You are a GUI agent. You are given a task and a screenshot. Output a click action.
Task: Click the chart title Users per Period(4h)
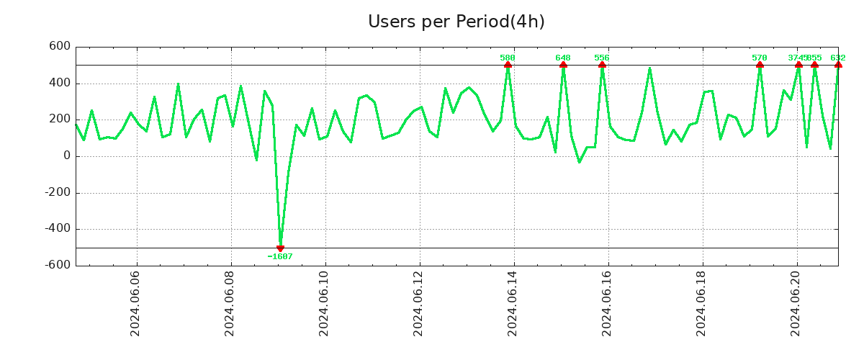pos(456,22)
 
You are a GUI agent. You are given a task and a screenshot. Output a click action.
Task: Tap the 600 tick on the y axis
pos(60,47)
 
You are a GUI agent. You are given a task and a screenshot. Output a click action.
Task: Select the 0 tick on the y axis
pos(67,156)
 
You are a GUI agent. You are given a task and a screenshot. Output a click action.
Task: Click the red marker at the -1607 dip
pos(280,248)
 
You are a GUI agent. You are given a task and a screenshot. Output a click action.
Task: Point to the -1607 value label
pos(280,257)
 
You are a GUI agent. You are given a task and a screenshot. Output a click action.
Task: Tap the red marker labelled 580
pos(508,65)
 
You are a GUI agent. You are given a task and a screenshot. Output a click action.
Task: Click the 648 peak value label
pos(563,58)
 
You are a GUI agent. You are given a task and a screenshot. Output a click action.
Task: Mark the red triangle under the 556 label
pos(602,65)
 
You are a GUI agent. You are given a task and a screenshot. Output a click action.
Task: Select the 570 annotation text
pos(760,58)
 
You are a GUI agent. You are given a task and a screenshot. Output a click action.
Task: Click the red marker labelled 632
pos(838,65)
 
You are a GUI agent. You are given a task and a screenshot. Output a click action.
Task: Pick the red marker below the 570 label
pos(760,65)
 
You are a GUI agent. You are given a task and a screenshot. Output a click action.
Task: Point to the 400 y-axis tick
pos(60,83)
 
